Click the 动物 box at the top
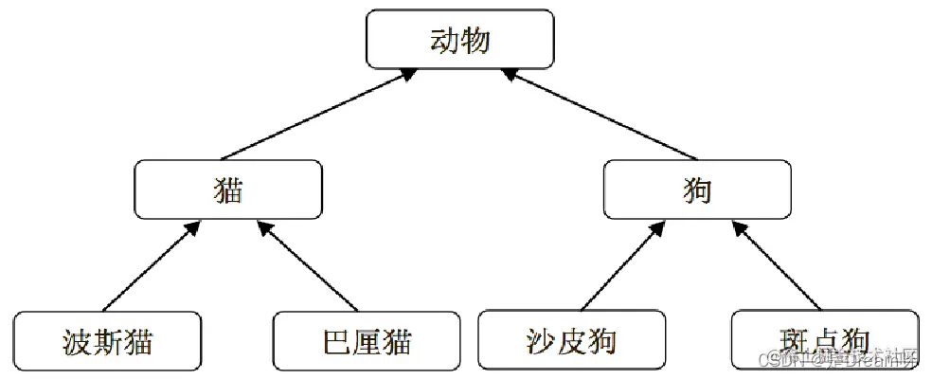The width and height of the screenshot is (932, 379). [x=460, y=40]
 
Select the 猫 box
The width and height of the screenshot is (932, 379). [x=228, y=189]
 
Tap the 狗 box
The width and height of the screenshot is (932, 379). [x=696, y=189]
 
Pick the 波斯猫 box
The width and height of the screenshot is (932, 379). [x=108, y=340]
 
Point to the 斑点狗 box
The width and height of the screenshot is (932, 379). [x=824, y=340]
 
